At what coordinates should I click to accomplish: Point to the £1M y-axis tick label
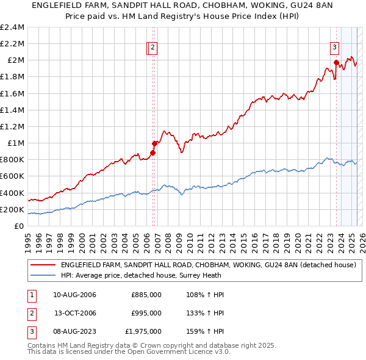click(x=15, y=143)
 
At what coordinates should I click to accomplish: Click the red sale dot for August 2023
click(x=336, y=62)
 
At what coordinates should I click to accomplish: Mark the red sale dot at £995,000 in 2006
click(x=154, y=143)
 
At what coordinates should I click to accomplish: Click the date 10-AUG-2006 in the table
click(x=74, y=295)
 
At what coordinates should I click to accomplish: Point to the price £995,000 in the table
click(x=146, y=313)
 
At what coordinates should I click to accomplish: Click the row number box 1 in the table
click(x=30, y=295)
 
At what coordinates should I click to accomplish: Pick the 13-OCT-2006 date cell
click(x=75, y=313)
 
